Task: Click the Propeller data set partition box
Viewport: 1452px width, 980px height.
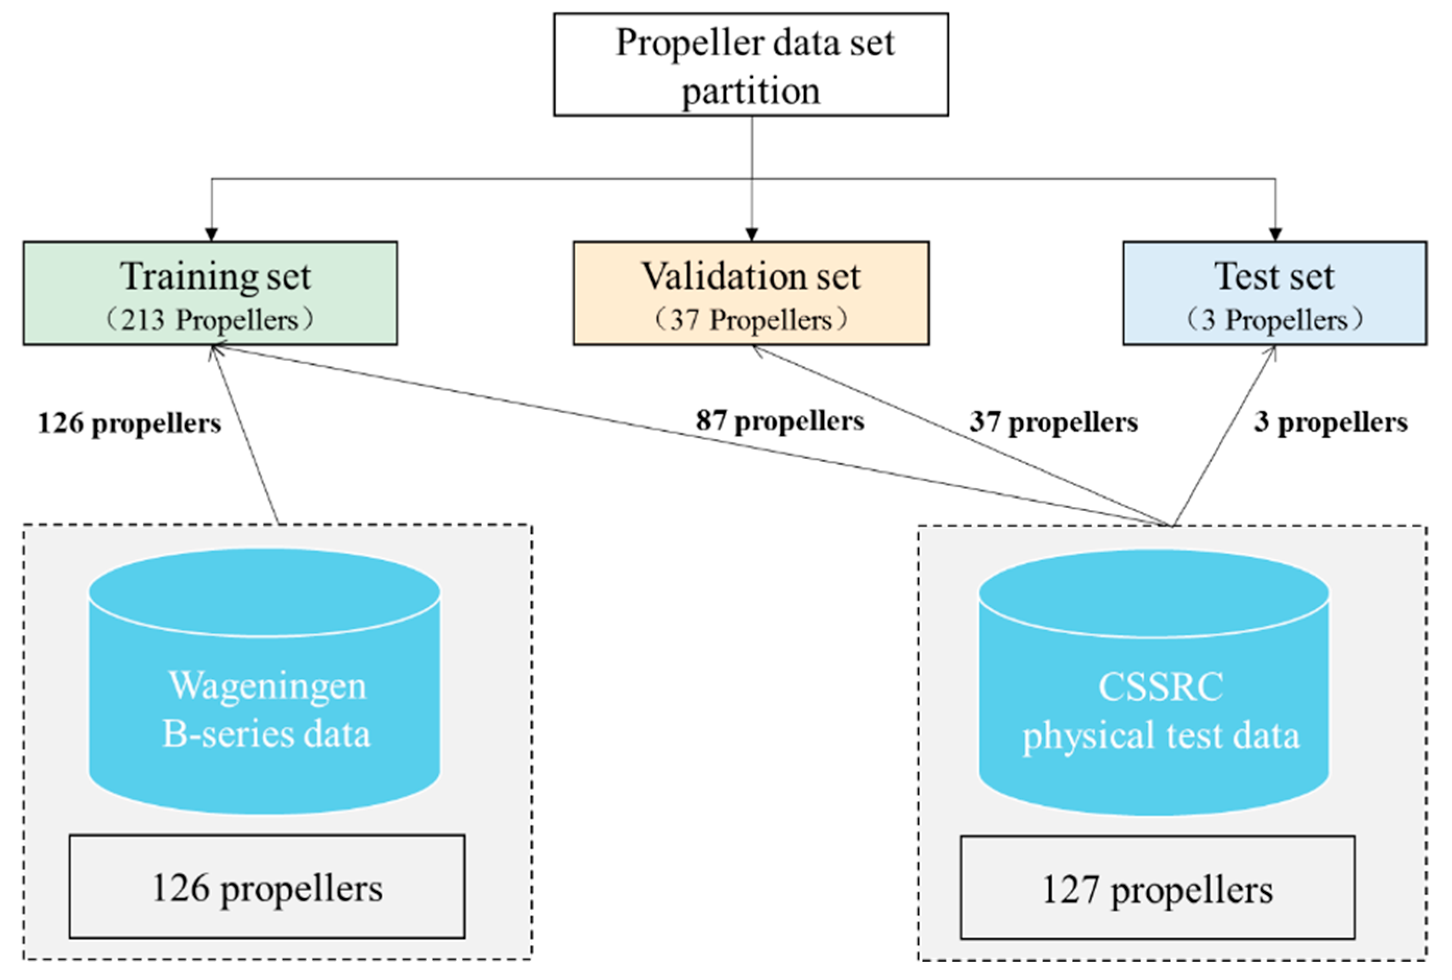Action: click(750, 64)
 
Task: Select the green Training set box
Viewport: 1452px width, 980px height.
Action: click(210, 293)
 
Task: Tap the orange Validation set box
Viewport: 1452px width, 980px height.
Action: click(751, 293)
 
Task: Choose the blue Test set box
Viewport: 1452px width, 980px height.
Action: click(1275, 293)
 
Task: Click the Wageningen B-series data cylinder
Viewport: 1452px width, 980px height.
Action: click(264, 681)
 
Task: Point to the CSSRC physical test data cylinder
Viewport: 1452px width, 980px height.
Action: click(1153, 682)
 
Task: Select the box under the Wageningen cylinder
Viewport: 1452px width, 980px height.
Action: click(267, 886)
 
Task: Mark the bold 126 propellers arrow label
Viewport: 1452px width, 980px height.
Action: click(129, 423)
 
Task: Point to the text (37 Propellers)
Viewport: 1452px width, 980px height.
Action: click(751, 320)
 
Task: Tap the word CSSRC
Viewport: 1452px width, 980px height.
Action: click(1161, 687)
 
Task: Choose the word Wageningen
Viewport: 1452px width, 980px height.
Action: click(267, 687)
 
